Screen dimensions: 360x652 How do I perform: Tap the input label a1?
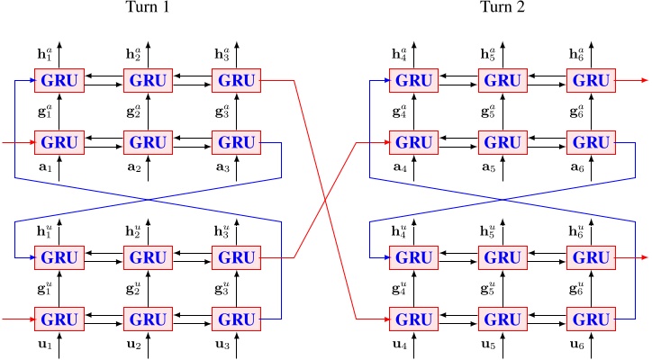(x=44, y=168)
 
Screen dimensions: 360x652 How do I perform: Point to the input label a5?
(x=487, y=168)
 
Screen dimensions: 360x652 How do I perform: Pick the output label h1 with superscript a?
(x=44, y=54)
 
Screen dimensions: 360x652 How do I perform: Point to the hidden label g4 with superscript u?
(x=399, y=290)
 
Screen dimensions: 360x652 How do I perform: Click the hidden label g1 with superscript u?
(x=44, y=290)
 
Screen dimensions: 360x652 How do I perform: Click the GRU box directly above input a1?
(x=59, y=142)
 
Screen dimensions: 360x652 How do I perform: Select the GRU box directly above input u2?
(x=148, y=319)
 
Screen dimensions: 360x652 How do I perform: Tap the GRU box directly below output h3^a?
(x=237, y=81)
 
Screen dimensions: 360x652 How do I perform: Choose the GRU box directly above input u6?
(x=591, y=319)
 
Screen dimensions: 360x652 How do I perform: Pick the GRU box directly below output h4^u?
(x=413, y=258)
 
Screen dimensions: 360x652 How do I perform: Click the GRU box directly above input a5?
(x=502, y=142)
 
